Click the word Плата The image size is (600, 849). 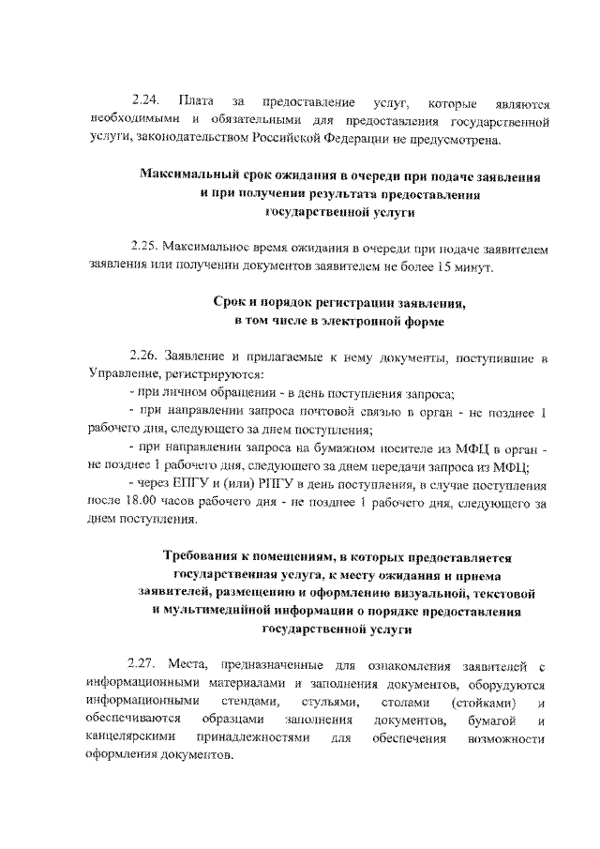(196, 101)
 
